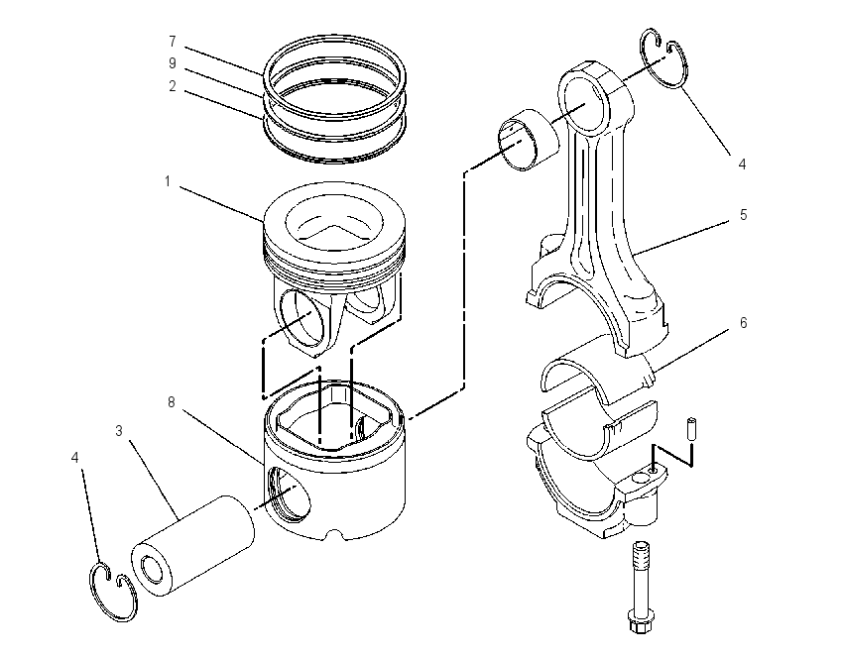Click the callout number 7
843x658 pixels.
pos(173,42)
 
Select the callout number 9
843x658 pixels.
pos(173,63)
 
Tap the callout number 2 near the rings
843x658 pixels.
pos(173,86)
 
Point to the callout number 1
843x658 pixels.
pos(168,181)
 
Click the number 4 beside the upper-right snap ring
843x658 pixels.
pos(743,164)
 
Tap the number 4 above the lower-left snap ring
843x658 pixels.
pos(74,457)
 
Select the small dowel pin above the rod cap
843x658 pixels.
pos(691,429)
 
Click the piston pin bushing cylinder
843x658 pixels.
pos(529,140)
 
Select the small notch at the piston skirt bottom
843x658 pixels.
pos(334,534)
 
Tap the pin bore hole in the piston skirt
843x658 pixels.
pos(289,494)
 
